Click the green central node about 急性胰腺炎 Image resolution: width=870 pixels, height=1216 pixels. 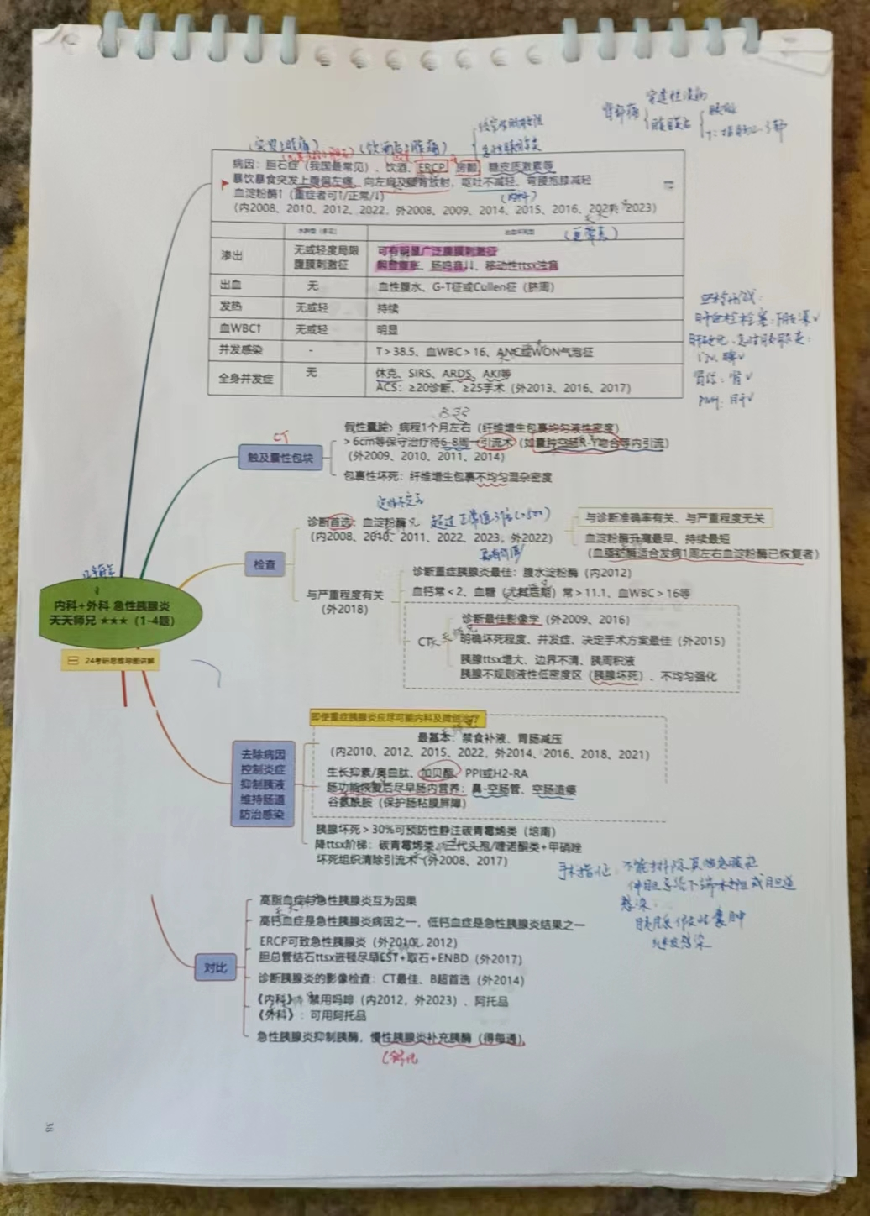tap(112, 612)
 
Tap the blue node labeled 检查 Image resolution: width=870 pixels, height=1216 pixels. tap(265, 564)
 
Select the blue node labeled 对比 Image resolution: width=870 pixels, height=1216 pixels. tap(216, 967)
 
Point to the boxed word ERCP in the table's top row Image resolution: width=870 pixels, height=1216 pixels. tap(432, 167)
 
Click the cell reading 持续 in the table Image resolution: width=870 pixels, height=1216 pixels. tap(388, 308)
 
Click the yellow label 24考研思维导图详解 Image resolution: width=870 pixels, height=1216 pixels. tap(112, 661)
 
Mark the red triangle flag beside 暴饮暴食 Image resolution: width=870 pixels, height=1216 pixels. tap(223, 181)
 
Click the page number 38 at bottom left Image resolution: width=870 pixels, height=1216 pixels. tap(50, 1127)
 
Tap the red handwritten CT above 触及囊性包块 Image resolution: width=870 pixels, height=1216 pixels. tap(280, 436)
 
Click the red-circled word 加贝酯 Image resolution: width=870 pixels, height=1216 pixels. tap(437, 773)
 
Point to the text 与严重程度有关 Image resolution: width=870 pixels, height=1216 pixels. tap(344, 595)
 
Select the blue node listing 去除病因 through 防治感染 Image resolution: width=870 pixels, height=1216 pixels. tap(262, 784)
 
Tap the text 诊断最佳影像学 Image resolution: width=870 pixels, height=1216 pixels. tap(501, 620)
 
